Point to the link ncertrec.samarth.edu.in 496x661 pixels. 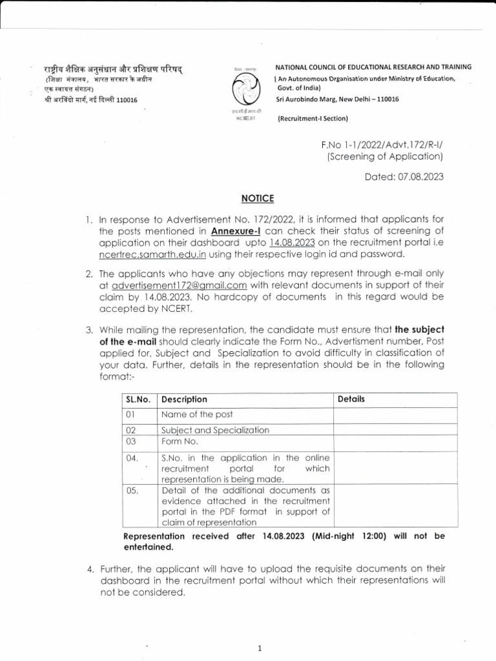pos(149,256)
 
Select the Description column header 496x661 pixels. pos(184,400)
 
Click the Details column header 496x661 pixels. pos(351,399)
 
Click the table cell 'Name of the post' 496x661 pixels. pos(196,414)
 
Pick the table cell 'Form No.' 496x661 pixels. pos(180,442)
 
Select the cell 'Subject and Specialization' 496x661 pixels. pos(215,430)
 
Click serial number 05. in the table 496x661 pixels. pos(133,490)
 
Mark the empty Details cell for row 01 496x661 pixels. pos(394,414)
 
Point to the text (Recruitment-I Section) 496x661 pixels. pos(312,118)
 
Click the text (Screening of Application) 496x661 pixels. pos(386,157)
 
